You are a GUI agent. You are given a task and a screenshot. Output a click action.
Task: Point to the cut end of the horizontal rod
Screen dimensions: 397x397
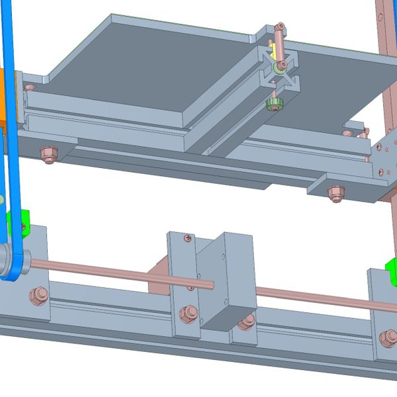(211, 285)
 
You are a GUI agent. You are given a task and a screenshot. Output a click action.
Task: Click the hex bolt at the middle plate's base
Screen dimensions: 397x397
(187, 313)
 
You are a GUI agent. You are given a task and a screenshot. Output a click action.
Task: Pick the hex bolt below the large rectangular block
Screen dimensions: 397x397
(247, 322)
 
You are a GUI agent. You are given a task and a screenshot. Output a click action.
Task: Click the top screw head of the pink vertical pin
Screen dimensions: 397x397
(281, 27)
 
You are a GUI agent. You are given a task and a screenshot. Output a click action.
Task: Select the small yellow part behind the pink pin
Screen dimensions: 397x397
(272, 52)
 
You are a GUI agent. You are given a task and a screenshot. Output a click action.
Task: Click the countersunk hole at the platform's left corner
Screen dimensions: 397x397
(29, 87)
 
